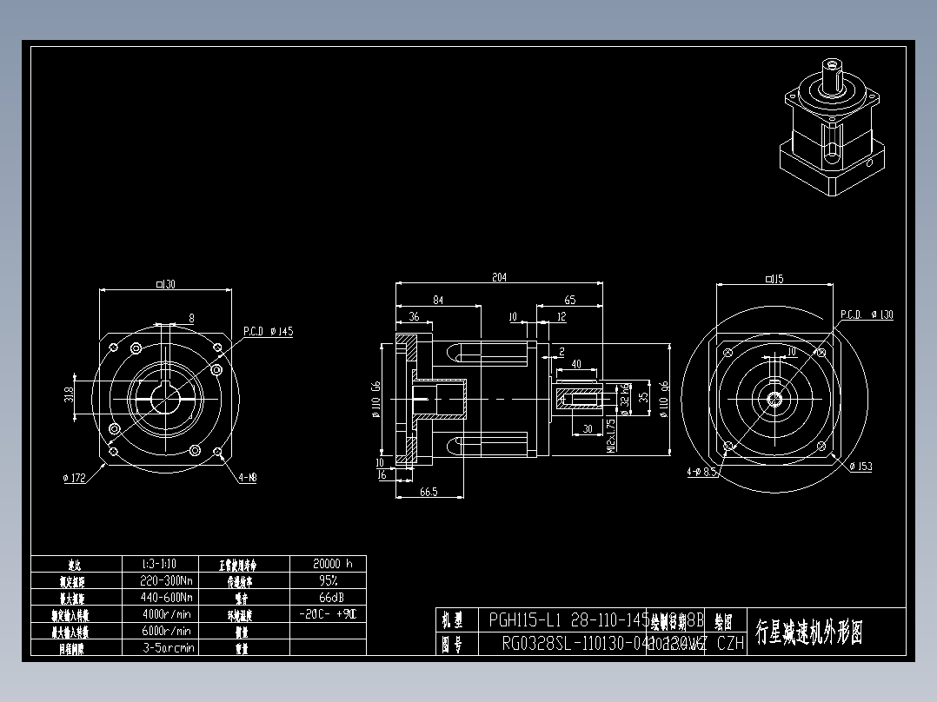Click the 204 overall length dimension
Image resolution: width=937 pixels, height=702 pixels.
coord(499,278)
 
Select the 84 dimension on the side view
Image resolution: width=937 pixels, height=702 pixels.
coord(438,301)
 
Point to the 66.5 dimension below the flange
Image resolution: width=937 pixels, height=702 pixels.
coord(428,492)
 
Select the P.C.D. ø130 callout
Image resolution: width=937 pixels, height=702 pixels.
coord(867,315)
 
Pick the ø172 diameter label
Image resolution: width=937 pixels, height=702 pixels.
coord(76,477)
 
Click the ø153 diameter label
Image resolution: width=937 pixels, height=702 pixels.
coord(861,467)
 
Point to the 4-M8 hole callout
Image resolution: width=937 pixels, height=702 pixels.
coord(248,477)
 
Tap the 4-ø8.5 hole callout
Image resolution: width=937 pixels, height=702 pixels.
coord(701,473)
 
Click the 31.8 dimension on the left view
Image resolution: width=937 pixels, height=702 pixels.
coord(69,395)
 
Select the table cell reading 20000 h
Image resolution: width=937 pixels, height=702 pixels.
coord(328,564)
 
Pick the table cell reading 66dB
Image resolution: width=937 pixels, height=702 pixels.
coord(328,598)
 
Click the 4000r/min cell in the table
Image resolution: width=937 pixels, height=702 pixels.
coord(167,614)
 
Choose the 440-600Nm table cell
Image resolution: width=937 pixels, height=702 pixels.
coord(167,598)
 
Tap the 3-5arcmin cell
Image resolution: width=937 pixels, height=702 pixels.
coord(168,647)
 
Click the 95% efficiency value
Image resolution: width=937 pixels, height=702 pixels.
coord(328,580)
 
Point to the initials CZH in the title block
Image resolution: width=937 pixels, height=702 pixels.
coord(730,644)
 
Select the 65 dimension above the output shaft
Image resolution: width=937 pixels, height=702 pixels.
coord(570,301)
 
